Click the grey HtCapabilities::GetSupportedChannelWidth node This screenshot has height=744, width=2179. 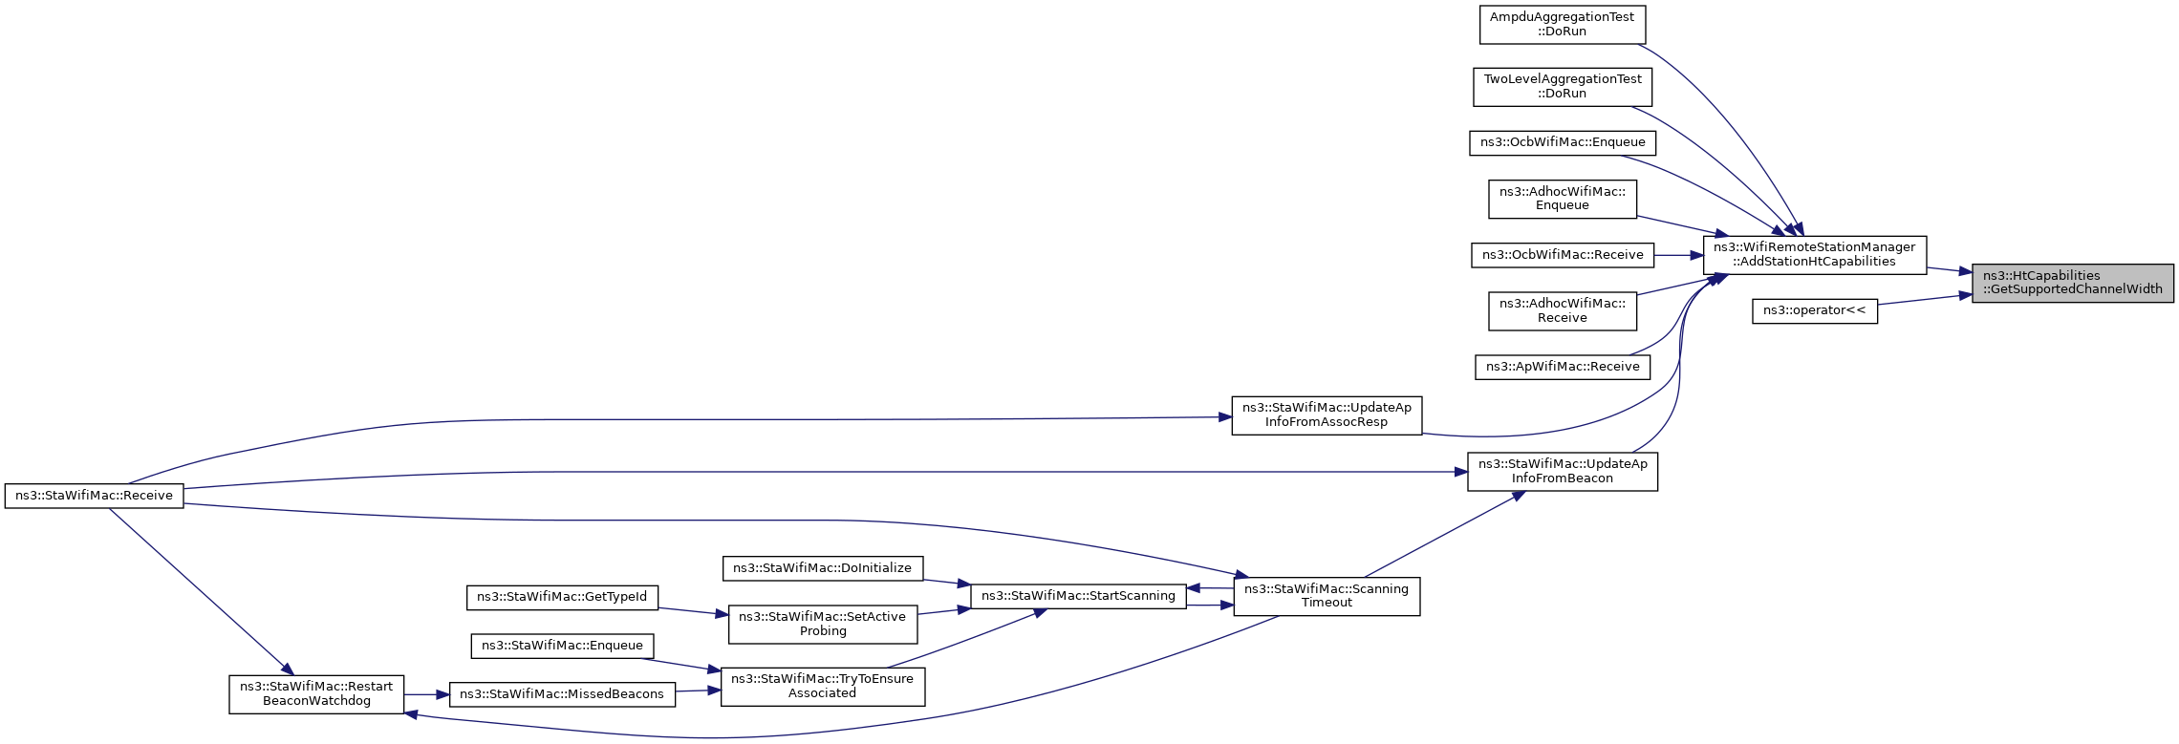(x=2072, y=283)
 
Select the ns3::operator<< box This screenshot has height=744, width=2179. (x=1814, y=310)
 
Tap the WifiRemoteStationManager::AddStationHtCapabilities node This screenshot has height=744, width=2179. (x=1814, y=255)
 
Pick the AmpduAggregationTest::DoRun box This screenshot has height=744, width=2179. (x=1562, y=25)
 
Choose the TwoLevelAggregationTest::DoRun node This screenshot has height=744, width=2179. (x=1562, y=87)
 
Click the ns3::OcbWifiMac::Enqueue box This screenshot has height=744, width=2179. (x=1562, y=143)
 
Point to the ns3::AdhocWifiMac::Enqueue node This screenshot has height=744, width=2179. (x=1562, y=199)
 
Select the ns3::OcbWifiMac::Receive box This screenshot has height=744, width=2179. (x=1562, y=255)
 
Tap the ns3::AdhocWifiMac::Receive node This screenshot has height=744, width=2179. (x=1562, y=311)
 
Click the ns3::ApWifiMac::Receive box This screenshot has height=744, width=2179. (x=1562, y=367)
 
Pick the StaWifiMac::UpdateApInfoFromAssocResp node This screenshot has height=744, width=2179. (x=1327, y=415)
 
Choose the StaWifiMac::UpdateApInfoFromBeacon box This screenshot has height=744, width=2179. (x=1562, y=472)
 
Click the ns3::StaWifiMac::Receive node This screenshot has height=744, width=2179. (x=94, y=496)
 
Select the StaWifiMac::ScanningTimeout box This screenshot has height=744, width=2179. (x=1327, y=596)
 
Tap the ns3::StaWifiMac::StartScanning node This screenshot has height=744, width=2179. (x=1078, y=596)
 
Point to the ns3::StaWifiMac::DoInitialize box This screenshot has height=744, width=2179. (x=822, y=568)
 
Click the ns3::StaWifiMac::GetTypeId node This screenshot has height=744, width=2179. (x=562, y=598)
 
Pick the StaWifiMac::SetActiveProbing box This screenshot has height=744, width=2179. (x=822, y=624)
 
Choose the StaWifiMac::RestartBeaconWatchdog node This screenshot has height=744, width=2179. (x=316, y=694)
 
